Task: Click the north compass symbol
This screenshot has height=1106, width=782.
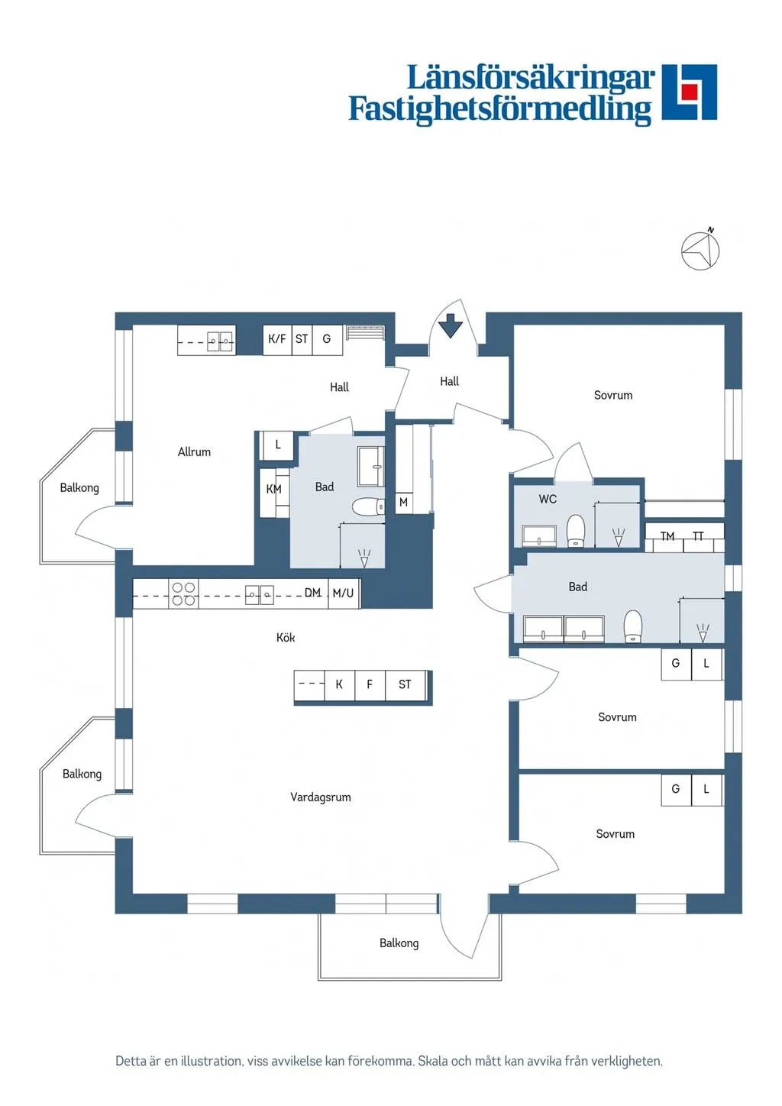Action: point(700,251)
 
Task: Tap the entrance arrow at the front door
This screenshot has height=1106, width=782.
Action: point(451,326)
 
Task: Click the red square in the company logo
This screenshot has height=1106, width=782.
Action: point(690,92)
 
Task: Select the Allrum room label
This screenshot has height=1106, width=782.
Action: point(194,452)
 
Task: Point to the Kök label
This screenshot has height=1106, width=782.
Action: point(286,638)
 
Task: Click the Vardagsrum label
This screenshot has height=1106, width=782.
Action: point(321,797)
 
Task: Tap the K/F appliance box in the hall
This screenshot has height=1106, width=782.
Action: point(277,339)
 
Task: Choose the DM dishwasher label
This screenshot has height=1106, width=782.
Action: point(312,593)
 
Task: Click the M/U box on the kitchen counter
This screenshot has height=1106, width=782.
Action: point(344,593)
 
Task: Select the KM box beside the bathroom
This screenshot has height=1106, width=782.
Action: point(274,490)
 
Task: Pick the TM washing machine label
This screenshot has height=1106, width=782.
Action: point(667,537)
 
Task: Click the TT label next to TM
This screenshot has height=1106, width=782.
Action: point(698,537)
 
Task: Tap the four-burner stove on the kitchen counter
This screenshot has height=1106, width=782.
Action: point(183,594)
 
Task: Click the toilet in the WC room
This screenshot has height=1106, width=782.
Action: point(576,530)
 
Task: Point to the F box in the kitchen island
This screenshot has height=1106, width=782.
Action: point(370,685)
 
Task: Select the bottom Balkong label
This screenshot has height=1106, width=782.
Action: point(399,943)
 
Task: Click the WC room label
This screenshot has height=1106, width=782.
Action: point(548,500)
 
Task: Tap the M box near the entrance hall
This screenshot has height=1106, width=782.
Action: point(403,503)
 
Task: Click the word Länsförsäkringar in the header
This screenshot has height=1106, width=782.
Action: point(530,77)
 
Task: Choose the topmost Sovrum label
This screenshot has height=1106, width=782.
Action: point(613,396)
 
